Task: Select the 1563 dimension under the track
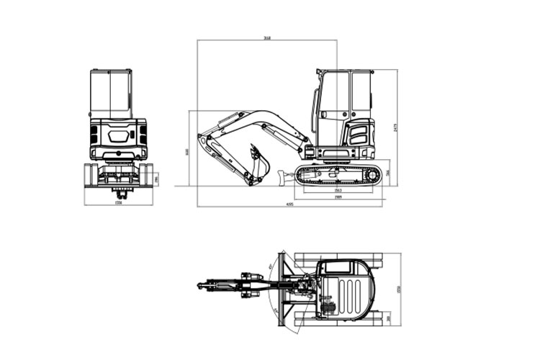point(338,190)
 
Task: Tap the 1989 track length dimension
point(338,197)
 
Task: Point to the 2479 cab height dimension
point(395,127)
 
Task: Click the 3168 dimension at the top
point(267,38)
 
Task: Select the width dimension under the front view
point(119,203)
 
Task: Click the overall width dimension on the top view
point(398,289)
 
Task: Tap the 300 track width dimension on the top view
point(390,318)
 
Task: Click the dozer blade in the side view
point(282,175)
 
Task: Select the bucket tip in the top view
point(201,286)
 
